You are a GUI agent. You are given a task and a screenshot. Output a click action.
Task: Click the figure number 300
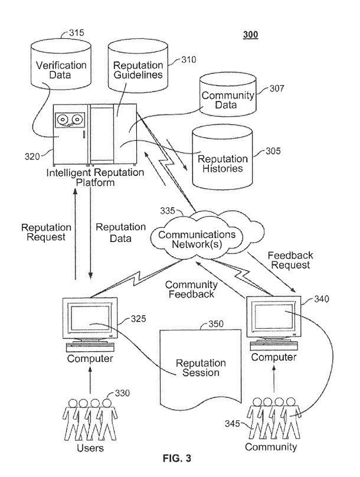click(x=250, y=34)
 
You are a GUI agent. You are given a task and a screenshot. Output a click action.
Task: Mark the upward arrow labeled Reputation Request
click(x=74, y=236)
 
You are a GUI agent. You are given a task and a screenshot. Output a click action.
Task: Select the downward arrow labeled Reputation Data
click(x=90, y=236)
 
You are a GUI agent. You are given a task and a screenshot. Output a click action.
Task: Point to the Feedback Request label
click(x=290, y=260)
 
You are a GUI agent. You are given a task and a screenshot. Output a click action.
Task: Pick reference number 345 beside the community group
click(x=235, y=423)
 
